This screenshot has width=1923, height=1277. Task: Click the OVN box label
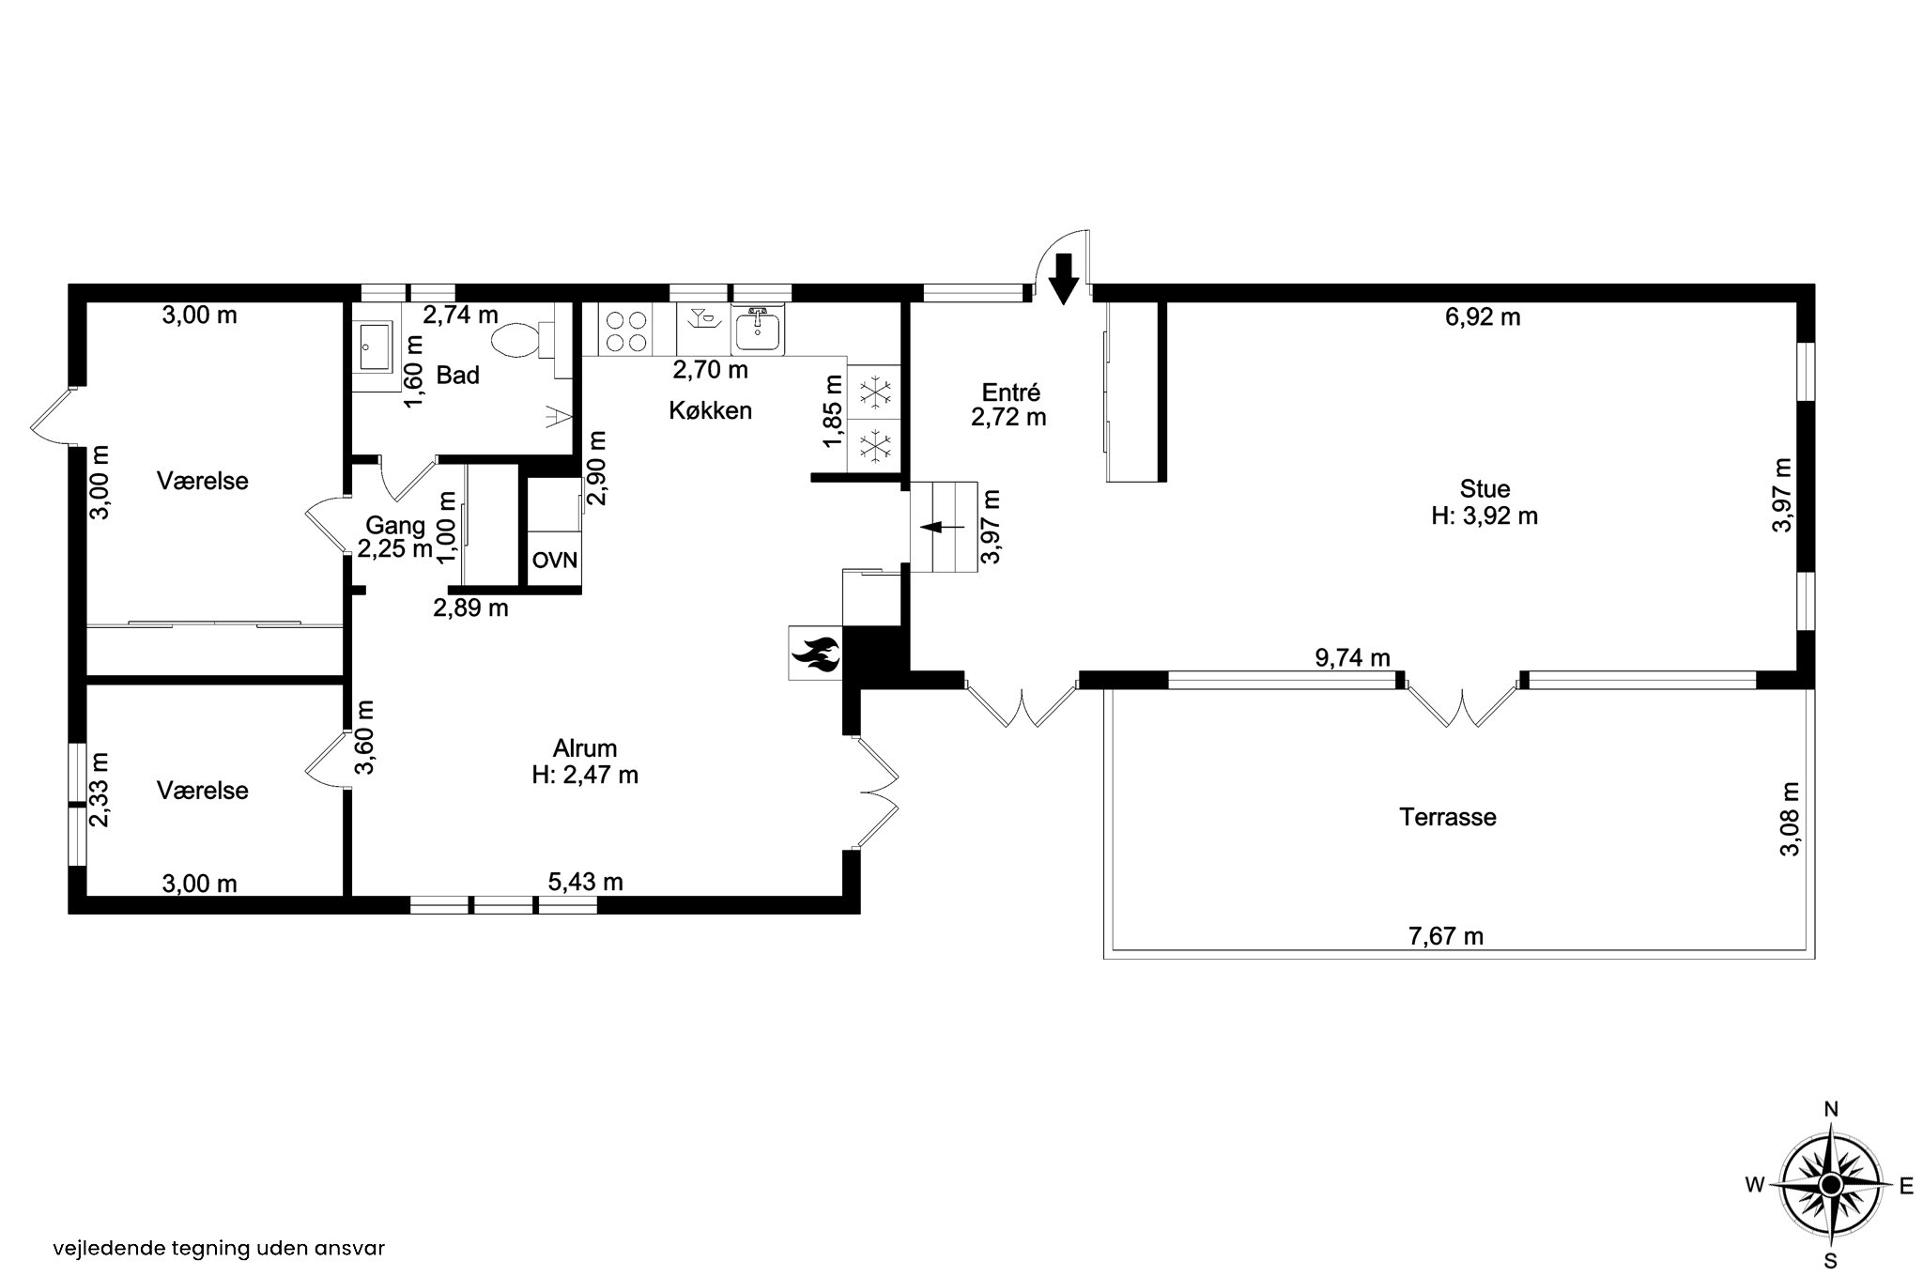tap(554, 561)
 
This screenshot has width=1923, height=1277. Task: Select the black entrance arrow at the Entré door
tap(1063, 279)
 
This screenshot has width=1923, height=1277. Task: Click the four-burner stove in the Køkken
tap(626, 331)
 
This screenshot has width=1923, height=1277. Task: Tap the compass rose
tap(1830, 1186)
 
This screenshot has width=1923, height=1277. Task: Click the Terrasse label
tap(1447, 817)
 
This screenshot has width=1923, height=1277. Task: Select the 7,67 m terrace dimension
tap(1446, 936)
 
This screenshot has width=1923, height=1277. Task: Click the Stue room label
tap(1485, 489)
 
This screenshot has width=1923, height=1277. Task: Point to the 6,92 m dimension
tap(1483, 317)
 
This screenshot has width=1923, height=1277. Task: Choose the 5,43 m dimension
tap(586, 883)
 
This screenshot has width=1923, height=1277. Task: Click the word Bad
tap(458, 376)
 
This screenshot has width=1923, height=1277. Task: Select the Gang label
tap(395, 526)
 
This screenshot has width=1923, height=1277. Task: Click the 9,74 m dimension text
tap(1352, 658)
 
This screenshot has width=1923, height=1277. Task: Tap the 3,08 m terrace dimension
tap(1791, 820)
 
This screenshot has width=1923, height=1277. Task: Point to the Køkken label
tap(711, 410)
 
